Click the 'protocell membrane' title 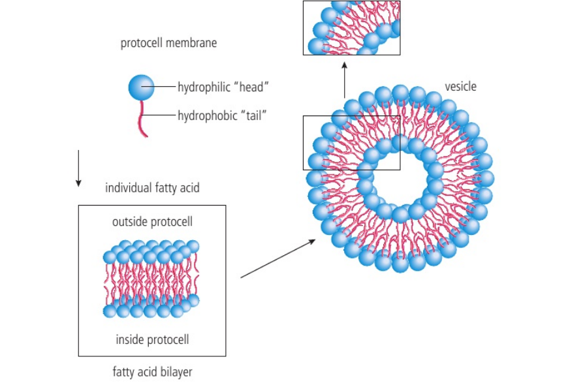click(x=168, y=44)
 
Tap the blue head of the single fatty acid click(x=141, y=86)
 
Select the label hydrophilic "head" click(x=223, y=86)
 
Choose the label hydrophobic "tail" click(x=222, y=116)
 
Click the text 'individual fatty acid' click(x=152, y=188)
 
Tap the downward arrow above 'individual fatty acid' click(x=78, y=168)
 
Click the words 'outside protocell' click(x=152, y=222)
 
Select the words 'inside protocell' click(x=152, y=339)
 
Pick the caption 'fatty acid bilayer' click(x=152, y=373)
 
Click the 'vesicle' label click(x=461, y=86)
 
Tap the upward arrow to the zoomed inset click(x=344, y=78)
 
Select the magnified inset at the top click(x=351, y=27)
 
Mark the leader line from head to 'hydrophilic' click(x=165, y=86)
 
